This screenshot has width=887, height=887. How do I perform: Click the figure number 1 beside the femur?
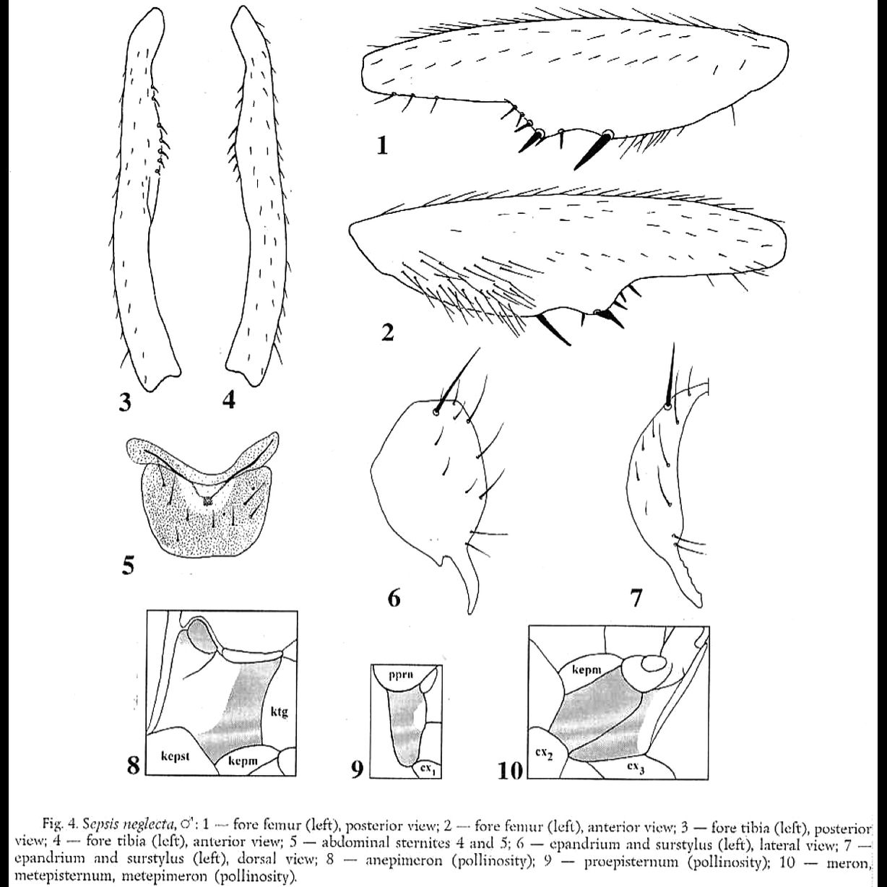(382, 146)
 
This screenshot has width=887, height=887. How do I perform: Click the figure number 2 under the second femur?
(387, 333)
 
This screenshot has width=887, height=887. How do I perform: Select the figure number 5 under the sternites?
(128, 566)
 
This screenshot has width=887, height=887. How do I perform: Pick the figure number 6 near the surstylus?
(394, 598)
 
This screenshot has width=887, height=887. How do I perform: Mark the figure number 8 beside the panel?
(134, 765)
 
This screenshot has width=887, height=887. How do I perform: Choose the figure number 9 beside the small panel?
(357, 771)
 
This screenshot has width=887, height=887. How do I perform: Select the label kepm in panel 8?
(241, 763)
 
